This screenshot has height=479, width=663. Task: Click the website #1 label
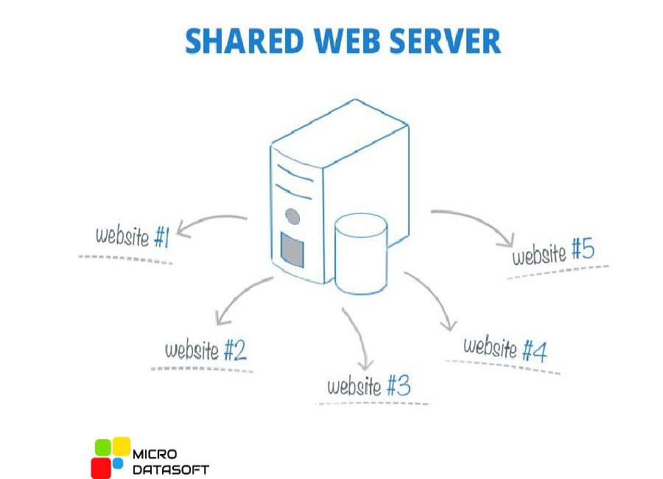(133, 236)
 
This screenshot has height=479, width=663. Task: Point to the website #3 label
(368, 385)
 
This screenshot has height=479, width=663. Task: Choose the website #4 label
(505, 349)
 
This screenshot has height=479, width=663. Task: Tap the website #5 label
(553, 253)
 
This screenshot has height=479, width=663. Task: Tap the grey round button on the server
(292, 217)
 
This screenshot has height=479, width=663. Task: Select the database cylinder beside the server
(361, 253)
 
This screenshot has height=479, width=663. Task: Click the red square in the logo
(101, 467)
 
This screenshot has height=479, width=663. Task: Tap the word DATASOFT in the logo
(170, 469)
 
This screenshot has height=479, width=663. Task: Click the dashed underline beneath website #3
(372, 402)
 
